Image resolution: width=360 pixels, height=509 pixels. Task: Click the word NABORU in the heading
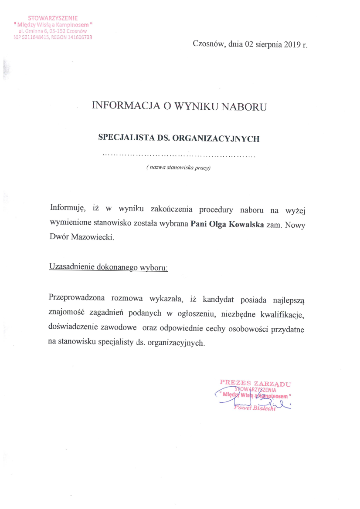click(244, 106)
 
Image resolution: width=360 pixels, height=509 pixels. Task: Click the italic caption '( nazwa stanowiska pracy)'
click(179, 168)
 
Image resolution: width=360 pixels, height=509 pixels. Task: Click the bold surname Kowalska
click(247, 224)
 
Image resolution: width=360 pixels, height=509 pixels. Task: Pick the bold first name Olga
click(219, 224)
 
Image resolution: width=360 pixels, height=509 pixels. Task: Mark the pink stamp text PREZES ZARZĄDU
click(255, 383)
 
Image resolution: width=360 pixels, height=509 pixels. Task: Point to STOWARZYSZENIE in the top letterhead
click(53, 18)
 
